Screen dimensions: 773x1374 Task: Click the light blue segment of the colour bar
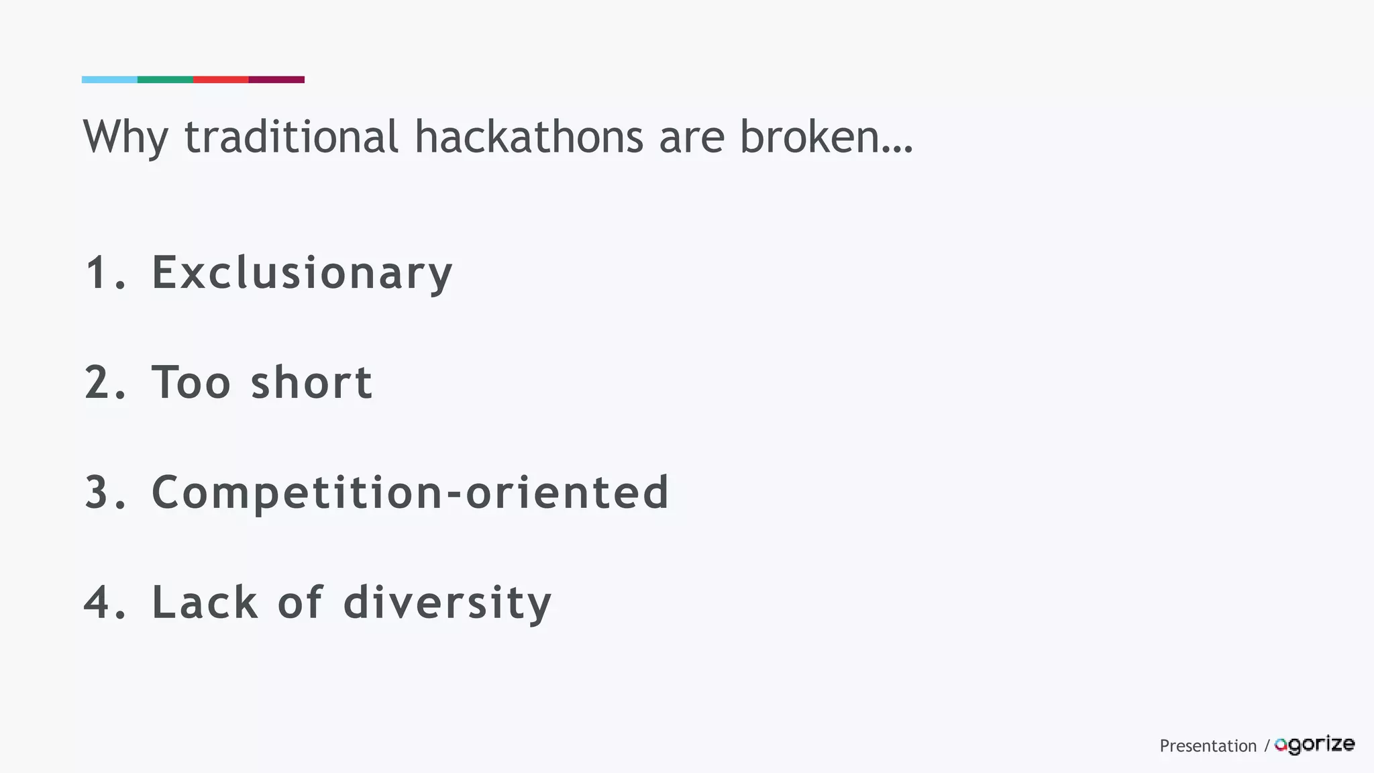point(109,80)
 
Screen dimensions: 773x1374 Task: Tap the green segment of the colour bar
point(165,80)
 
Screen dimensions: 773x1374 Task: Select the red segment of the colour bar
point(221,80)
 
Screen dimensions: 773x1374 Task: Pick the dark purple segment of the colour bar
point(276,80)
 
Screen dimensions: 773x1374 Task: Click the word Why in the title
point(125,138)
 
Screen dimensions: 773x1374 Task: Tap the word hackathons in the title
point(529,136)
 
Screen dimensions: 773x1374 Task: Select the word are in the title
point(691,138)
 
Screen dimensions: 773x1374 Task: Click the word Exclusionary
point(302,273)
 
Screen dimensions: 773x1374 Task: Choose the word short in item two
point(311,382)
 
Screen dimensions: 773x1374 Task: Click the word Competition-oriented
point(410,493)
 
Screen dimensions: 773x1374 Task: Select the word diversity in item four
point(447,603)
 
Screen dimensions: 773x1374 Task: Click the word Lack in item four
point(205,603)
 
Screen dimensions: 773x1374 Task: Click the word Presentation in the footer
point(1208,746)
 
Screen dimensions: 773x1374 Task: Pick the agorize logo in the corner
point(1314,745)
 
